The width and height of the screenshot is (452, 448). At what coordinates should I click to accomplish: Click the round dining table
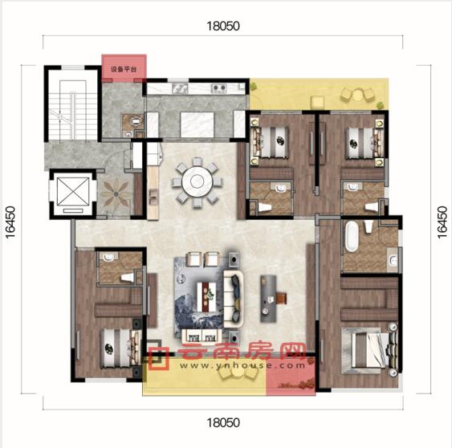point(197,181)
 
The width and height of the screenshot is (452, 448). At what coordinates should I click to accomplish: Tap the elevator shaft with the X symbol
point(73,192)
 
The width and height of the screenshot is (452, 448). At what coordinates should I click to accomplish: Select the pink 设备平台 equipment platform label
point(124,69)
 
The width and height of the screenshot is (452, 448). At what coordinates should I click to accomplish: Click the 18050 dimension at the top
point(223,26)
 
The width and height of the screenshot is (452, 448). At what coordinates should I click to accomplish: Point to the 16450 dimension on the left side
point(10,222)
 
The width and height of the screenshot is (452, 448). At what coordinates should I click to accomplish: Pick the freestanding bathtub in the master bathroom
point(352,236)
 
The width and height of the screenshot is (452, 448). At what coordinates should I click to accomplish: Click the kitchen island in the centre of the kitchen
point(197,124)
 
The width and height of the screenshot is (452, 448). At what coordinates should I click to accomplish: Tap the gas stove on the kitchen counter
point(219,88)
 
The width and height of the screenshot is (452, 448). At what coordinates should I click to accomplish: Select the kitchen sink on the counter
point(180,88)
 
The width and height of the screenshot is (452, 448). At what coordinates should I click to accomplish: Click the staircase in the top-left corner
point(73,111)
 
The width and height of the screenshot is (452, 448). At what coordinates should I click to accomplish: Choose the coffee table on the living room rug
point(206,296)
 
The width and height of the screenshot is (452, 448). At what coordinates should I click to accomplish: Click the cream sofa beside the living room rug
point(234,299)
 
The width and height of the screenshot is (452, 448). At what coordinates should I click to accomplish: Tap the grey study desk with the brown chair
point(268,299)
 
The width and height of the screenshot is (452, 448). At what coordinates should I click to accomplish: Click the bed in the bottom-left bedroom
point(120,348)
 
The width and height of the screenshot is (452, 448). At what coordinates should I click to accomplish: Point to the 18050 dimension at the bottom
point(223,423)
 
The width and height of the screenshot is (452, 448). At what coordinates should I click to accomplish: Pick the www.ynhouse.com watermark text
point(242,365)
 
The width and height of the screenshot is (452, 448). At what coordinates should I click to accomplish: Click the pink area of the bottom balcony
point(291,377)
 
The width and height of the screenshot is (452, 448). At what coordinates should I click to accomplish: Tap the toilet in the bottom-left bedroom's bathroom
point(128,277)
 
